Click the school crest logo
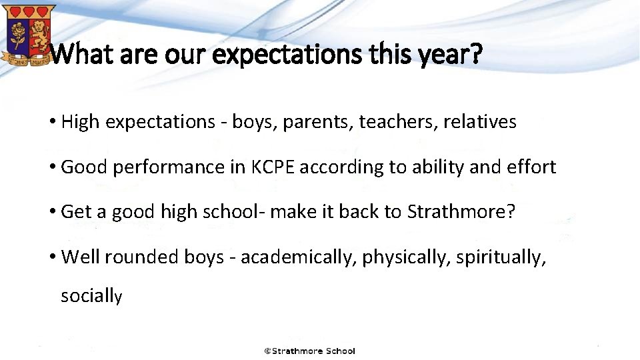click(28, 34)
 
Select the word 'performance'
click(169, 167)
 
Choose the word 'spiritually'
click(501, 258)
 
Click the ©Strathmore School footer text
click(309, 351)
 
